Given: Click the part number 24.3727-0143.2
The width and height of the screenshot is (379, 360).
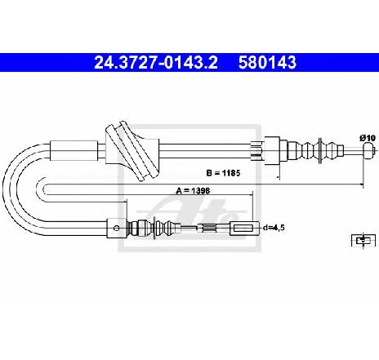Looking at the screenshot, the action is [x=156, y=62].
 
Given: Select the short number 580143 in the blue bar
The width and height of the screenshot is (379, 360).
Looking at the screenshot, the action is [x=267, y=62].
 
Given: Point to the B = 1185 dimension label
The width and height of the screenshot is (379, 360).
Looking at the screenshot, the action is [x=223, y=173].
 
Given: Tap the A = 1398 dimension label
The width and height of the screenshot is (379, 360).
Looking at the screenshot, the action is [x=193, y=191].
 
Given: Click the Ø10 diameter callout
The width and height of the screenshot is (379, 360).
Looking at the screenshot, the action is [x=368, y=138].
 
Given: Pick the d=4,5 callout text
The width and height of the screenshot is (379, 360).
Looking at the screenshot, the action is [x=274, y=228].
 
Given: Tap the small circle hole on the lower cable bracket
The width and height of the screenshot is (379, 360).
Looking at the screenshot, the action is [x=116, y=228].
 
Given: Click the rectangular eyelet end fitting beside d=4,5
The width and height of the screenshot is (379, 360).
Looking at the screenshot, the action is [x=245, y=228].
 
